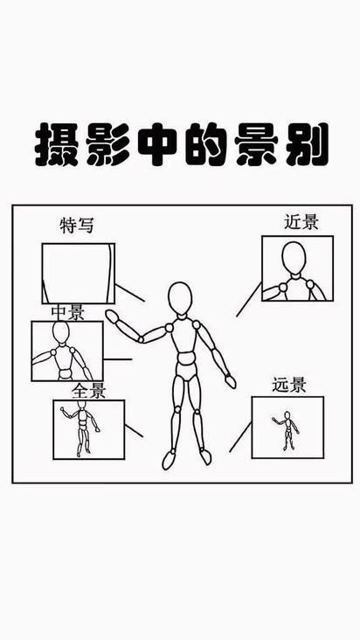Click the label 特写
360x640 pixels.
coord(77,226)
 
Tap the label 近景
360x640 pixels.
coord(301,222)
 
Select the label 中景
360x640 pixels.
coord(67,313)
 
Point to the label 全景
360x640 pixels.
coord(88,392)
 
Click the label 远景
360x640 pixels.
coord(289,386)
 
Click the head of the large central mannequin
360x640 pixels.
coord(180,298)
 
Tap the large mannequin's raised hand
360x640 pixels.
coord(111,317)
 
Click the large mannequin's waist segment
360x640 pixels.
coord(185,360)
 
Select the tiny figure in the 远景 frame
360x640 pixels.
coord(287,431)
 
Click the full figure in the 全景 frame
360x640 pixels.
coord(81,428)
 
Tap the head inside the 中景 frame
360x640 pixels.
coord(61,332)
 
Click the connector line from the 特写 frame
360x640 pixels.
coord(129,293)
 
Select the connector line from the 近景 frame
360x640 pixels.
coord(249,299)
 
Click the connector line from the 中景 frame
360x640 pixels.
coord(117,359)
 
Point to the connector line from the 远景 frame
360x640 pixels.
coord(240,437)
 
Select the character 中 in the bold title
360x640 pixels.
coord(157,144)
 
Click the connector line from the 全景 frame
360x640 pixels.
coord(134,431)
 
